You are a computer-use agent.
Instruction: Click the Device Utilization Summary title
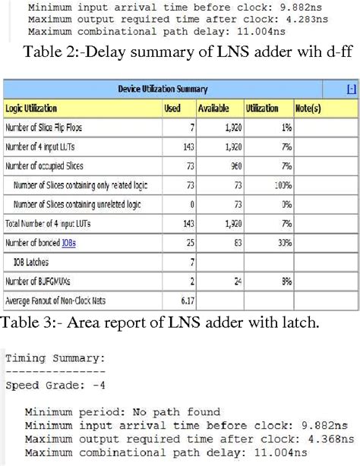click(x=173, y=90)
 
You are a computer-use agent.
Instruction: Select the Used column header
click(x=172, y=109)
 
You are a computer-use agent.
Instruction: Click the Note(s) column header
click(x=308, y=109)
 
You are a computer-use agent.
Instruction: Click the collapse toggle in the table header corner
click(x=350, y=90)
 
